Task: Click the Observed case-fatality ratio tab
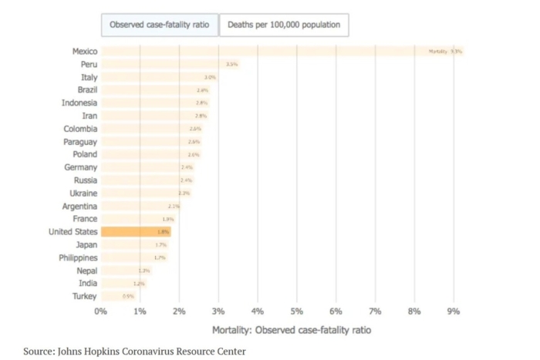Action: (x=159, y=25)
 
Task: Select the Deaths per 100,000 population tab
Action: (x=284, y=25)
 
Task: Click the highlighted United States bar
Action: (x=136, y=231)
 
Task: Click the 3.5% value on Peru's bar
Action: (x=231, y=64)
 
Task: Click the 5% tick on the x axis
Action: (x=297, y=311)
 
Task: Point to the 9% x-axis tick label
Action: (x=454, y=311)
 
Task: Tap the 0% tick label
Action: (x=101, y=311)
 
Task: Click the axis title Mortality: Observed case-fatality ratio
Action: (x=291, y=330)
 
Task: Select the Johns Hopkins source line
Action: (x=134, y=352)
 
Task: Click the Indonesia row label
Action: (x=79, y=103)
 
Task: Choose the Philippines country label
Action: (x=78, y=257)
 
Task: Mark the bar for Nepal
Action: (x=125, y=271)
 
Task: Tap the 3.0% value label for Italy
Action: (x=210, y=77)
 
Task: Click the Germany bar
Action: (x=147, y=167)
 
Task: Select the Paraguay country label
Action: (x=80, y=142)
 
